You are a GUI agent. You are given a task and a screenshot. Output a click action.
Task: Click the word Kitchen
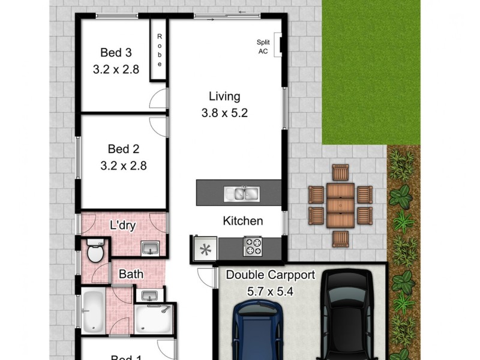pos(243,221)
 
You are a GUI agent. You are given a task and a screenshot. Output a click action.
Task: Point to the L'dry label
pos(122,226)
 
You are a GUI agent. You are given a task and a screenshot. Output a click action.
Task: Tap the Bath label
pos(131,274)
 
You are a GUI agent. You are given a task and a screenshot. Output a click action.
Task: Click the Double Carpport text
pos(270,275)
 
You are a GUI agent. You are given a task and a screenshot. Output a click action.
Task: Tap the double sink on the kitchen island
pos(241,193)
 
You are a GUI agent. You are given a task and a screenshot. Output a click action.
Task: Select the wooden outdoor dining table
pos(340,205)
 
